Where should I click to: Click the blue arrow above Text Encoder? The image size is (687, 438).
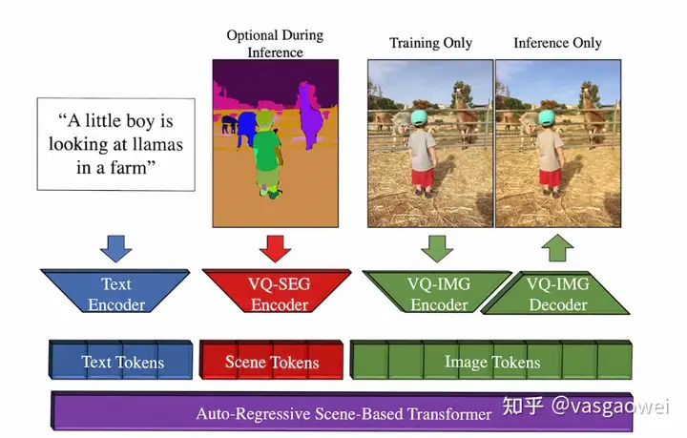pos(116,247)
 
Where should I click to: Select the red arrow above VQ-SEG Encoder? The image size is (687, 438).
pos(274,247)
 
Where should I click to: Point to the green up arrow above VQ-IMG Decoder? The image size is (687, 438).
pos(558,247)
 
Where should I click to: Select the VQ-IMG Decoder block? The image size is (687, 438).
pos(557,294)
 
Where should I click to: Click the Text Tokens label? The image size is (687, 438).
pos(122,363)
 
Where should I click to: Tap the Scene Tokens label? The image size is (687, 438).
pos(272,363)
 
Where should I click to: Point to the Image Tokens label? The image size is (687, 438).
pos(492,363)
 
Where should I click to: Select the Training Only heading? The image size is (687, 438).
pos(430,43)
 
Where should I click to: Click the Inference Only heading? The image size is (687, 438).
pos(557,43)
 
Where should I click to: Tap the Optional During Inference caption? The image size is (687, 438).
pos(275,43)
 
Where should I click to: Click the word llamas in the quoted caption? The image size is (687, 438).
pos(150,145)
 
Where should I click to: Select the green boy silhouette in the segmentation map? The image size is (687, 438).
pos(267,157)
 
